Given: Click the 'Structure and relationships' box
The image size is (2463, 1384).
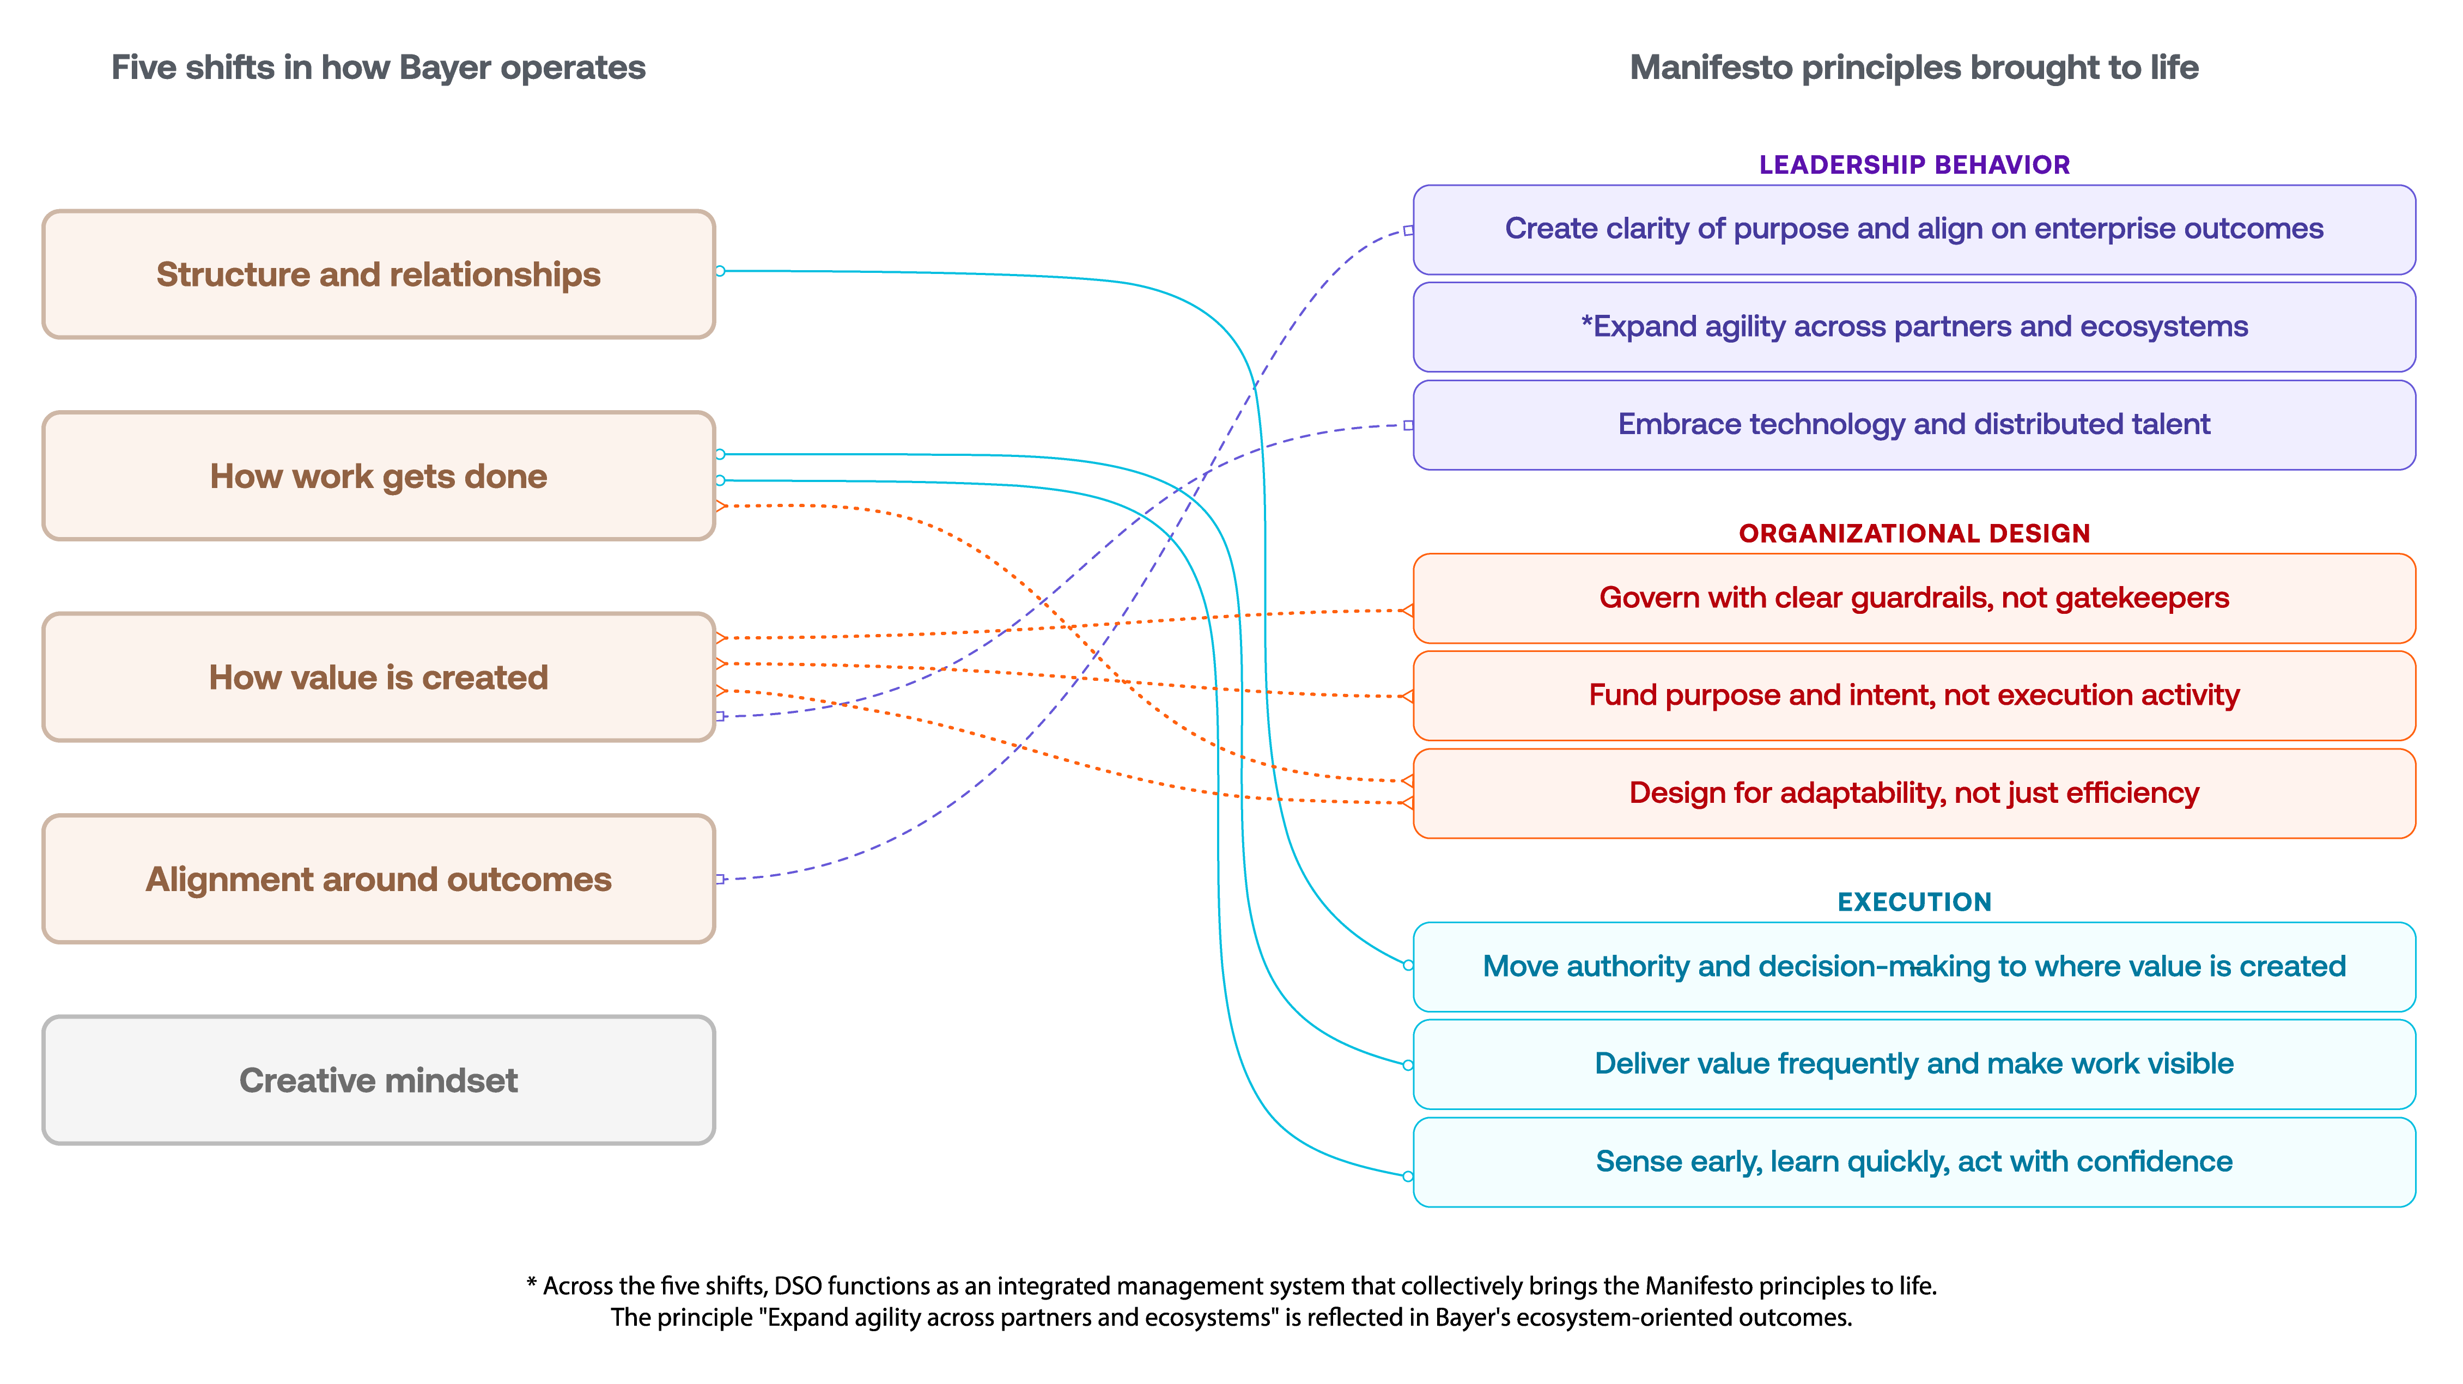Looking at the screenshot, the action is click(x=379, y=275).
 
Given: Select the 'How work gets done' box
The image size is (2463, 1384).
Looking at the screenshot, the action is click(x=379, y=476).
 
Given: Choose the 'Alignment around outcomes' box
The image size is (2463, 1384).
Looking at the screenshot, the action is click(x=379, y=879).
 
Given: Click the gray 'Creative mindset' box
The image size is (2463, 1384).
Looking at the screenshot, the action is click(x=379, y=1080).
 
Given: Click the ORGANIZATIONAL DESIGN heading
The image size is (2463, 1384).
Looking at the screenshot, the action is click(x=1914, y=533).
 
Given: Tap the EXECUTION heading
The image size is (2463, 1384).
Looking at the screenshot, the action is click(x=1914, y=903).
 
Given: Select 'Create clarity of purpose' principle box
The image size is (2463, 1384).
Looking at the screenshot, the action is click(x=1914, y=229).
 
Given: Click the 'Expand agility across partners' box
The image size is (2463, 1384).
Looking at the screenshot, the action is click(x=1914, y=327).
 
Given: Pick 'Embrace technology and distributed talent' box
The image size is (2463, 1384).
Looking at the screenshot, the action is click(x=1914, y=424).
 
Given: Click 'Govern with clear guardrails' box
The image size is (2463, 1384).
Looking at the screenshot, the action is click(x=1914, y=599).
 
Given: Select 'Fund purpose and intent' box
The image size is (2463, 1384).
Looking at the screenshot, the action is click(x=1914, y=696).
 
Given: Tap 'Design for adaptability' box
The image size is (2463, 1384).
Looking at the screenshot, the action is click(x=1914, y=794).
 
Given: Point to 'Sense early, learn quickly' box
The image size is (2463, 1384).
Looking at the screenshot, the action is click(x=1914, y=1162).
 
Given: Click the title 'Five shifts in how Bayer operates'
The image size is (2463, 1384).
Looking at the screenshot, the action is click(x=379, y=68).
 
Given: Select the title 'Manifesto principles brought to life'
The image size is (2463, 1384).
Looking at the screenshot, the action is click(x=1914, y=68).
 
